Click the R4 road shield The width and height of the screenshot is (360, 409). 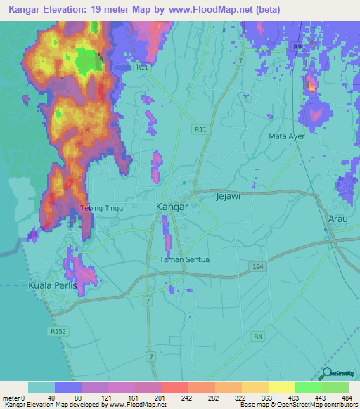point(259,336)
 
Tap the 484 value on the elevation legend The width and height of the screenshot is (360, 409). point(347,398)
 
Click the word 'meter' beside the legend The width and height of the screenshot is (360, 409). point(9,398)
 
